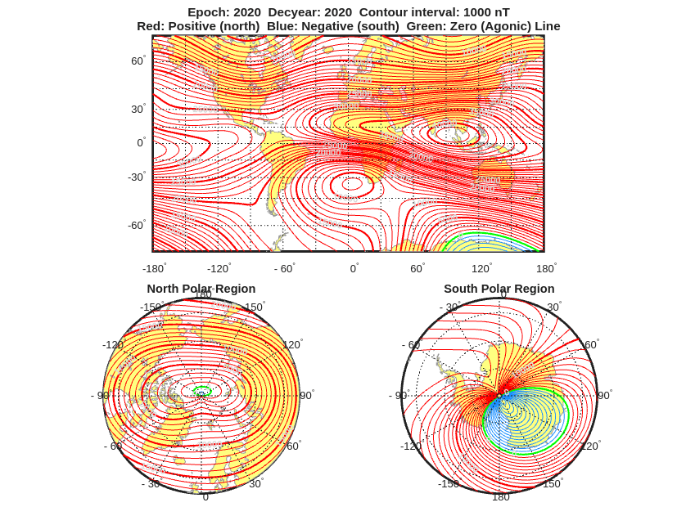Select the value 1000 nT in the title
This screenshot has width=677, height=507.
coord(486,12)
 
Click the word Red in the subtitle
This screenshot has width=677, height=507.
coord(149,26)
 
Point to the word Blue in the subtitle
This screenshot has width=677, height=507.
coord(280,26)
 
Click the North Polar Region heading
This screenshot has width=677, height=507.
coord(201,289)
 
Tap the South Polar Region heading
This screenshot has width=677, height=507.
coord(499,289)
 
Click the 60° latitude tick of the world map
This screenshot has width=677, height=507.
coord(138,61)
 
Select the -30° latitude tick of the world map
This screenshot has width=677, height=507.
coord(136,177)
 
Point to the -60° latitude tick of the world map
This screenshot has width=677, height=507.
coord(136,225)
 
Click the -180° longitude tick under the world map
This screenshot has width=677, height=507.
coord(154,268)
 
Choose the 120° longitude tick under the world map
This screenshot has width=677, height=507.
coord(481,268)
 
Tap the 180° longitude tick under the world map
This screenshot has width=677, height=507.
coord(545,268)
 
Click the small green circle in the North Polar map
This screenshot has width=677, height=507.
coord(202,391)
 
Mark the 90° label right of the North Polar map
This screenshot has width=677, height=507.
coord(306,395)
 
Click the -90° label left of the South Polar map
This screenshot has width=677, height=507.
coord(395,396)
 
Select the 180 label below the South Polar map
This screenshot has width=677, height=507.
coord(500,496)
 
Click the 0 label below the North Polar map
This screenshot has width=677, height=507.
coord(205,496)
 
